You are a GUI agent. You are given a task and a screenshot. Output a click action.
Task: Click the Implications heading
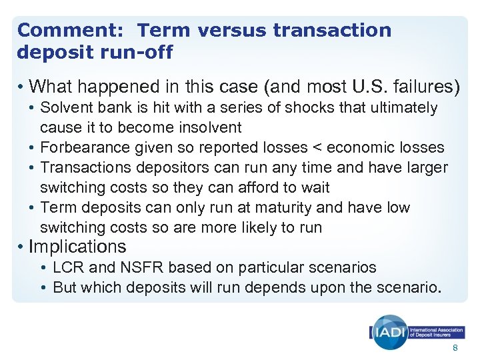click(x=77, y=247)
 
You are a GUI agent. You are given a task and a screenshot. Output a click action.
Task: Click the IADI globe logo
click(x=389, y=331)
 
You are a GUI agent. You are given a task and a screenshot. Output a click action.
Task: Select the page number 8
click(x=455, y=349)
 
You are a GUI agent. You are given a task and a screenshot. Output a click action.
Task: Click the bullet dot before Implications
click(x=21, y=247)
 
